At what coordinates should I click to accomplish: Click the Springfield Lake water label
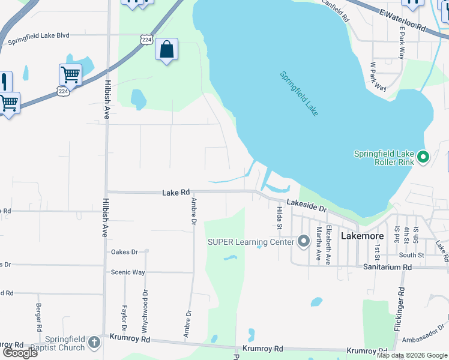[x=299, y=94]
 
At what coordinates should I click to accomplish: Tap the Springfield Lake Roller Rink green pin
[x=423, y=157]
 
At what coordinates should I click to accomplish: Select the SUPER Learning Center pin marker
[x=303, y=242]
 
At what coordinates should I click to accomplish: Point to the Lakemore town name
[x=363, y=236]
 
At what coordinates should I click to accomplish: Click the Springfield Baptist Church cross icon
[x=93, y=343]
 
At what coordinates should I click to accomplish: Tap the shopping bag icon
[x=166, y=50]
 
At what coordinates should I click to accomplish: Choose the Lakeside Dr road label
[x=306, y=205]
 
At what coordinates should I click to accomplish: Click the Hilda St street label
[x=279, y=217]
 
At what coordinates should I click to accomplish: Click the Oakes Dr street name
[x=124, y=252]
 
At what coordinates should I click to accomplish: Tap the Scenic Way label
[x=128, y=272]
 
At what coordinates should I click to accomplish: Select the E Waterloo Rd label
[x=402, y=20]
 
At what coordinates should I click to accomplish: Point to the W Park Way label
[x=378, y=76]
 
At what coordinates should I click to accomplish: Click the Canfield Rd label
[x=336, y=10]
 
